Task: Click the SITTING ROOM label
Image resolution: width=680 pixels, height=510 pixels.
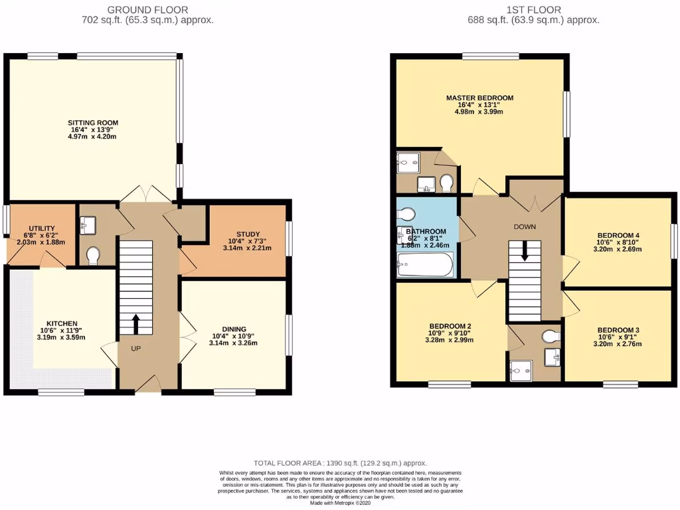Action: click(x=93, y=123)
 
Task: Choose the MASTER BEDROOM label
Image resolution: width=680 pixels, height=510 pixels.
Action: click(x=479, y=98)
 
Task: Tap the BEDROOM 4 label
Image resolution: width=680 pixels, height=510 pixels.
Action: click(x=618, y=235)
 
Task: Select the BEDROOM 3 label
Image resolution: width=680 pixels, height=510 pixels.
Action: click(x=618, y=330)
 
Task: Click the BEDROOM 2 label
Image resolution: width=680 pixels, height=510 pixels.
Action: click(x=450, y=326)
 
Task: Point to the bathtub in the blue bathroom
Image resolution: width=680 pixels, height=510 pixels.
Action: click(x=426, y=265)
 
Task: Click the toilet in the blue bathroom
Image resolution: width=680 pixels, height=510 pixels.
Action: click(x=406, y=214)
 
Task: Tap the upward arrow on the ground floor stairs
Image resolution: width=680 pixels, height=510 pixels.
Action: click(x=135, y=323)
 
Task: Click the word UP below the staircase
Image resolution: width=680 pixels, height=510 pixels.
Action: click(x=135, y=349)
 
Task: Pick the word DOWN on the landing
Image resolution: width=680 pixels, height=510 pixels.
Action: click(x=525, y=226)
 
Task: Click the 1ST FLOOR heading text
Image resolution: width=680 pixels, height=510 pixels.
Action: click(x=533, y=10)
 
